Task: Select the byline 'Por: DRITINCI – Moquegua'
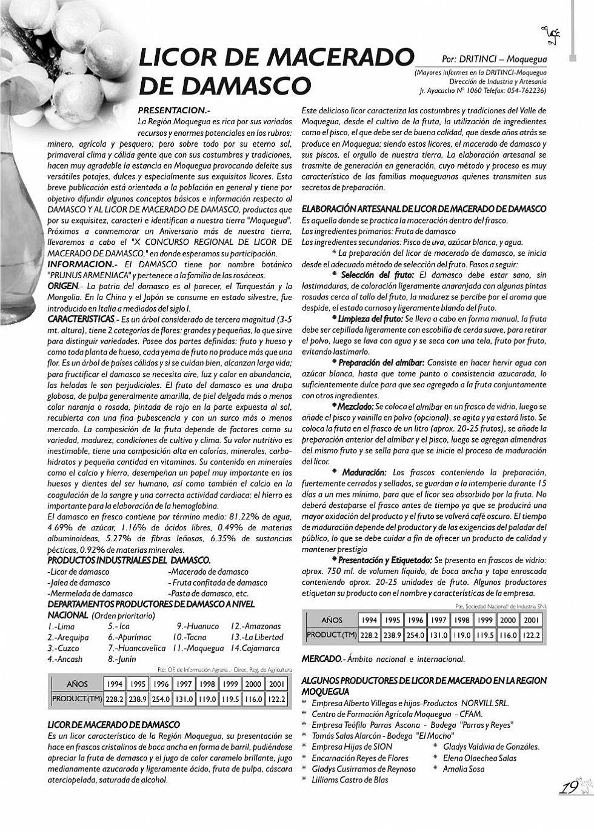494,59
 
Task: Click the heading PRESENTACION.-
174,110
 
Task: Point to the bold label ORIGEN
62,286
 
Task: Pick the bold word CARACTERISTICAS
81,319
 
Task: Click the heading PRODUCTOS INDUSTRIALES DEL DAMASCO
129,560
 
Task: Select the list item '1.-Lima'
61,626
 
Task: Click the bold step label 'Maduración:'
364,472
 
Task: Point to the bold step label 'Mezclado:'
355,406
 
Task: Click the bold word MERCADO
321,659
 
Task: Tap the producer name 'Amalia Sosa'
464,769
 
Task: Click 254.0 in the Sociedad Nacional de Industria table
415,635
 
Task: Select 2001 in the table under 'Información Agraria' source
276,684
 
